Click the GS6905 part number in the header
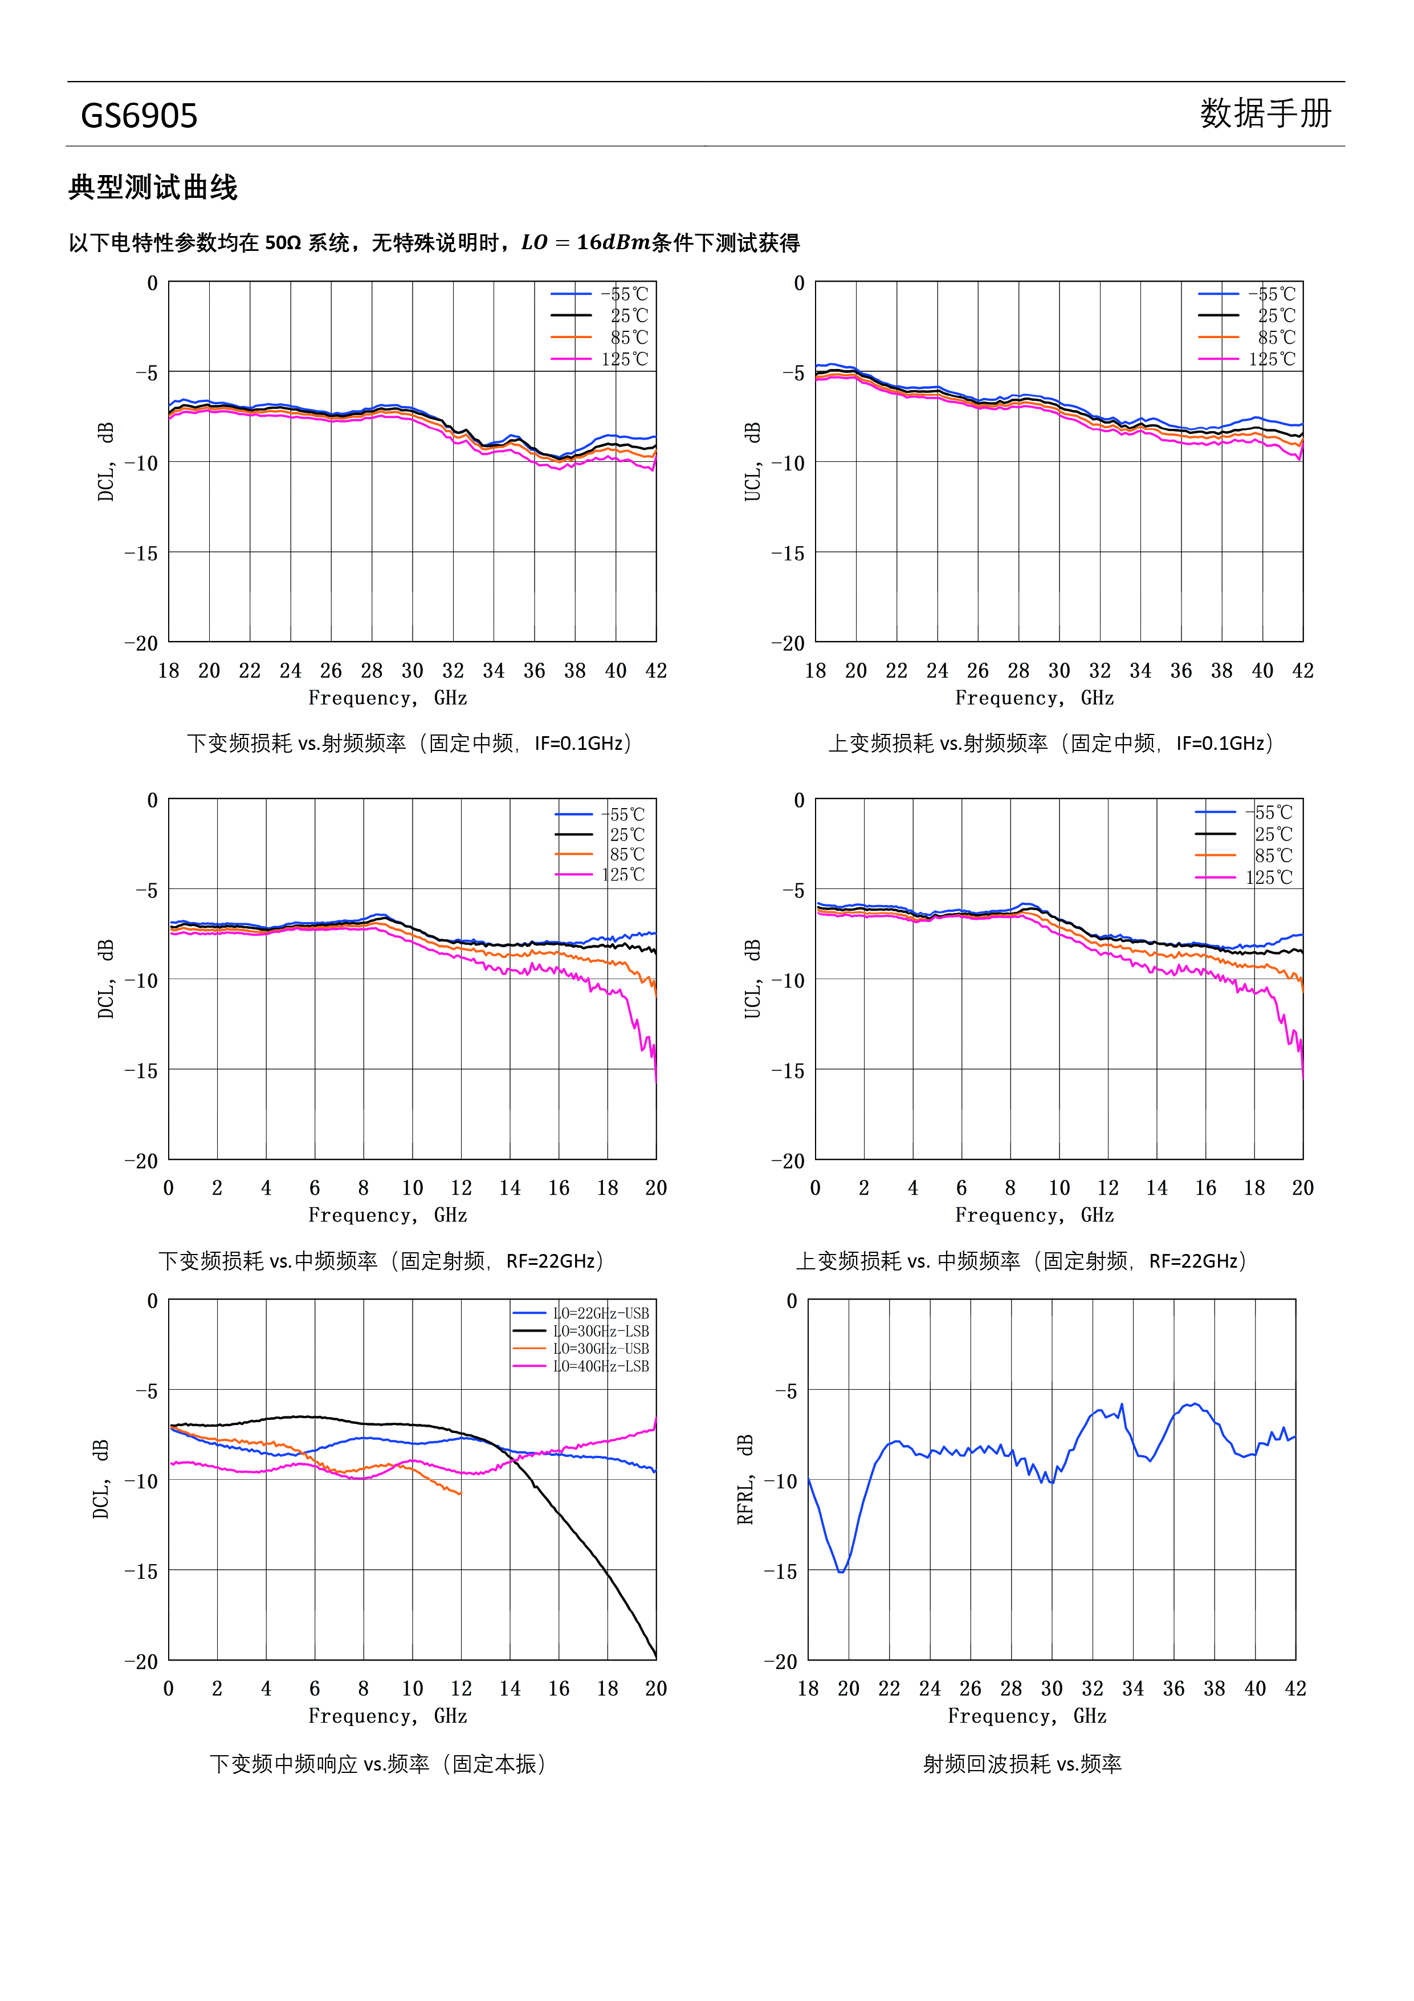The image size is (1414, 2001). (140, 116)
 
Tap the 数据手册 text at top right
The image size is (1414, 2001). (1266, 113)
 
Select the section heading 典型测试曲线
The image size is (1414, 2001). (153, 188)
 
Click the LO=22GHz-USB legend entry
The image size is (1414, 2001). (581, 1313)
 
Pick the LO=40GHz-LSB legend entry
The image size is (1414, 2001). (581, 1366)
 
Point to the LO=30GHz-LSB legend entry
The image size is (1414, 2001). (581, 1331)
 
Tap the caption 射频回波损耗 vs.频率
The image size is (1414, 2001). (1022, 1764)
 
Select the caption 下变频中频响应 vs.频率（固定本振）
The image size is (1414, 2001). (378, 1764)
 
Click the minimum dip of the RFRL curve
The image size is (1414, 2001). (842, 1572)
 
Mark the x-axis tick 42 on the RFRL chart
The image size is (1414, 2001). (1295, 1689)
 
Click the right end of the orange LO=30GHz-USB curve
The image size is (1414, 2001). (461, 1494)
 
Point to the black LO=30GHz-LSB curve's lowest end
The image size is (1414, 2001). (655, 1656)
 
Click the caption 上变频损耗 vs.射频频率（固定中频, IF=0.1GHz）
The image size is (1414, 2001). (1052, 744)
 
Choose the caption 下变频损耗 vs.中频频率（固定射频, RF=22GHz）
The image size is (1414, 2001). (382, 1261)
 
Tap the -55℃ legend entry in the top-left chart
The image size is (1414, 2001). (600, 295)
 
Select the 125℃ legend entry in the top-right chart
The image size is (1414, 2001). (1246, 359)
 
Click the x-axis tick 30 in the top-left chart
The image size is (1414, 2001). (412, 671)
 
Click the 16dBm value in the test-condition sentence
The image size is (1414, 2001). (613, 242)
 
